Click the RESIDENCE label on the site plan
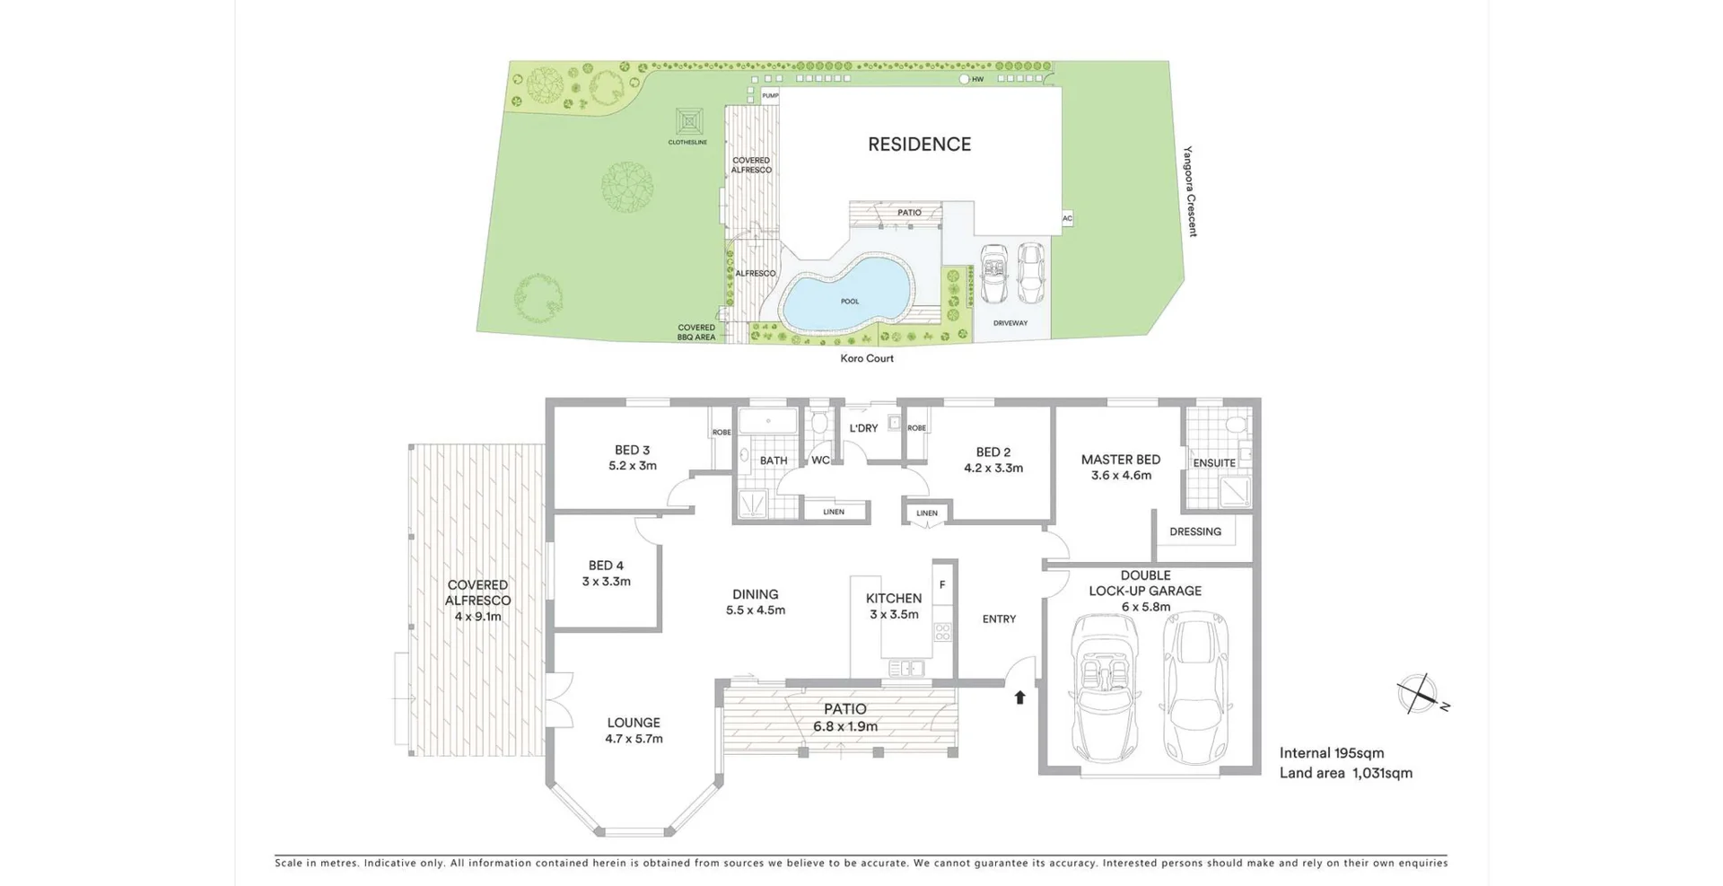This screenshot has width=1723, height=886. [919, 145]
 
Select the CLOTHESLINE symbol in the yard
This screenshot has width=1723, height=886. [688, 122]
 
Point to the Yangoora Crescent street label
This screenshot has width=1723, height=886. [1189, 191]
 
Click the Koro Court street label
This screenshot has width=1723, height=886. [866, 358]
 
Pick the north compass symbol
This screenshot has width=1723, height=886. [1418, 693]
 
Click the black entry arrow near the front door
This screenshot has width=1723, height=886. [1019, 697]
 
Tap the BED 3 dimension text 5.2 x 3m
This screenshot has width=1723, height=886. [632, 466]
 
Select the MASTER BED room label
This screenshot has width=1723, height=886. [1120, 460]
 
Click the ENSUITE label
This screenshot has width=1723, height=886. [1213, 463]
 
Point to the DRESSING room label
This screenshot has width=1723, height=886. [1194, 531]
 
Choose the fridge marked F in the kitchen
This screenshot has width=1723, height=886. [942, 584]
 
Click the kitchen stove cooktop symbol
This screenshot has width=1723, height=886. [942, 632]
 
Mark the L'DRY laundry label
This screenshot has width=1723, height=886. [863, 428]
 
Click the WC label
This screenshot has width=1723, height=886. [820, 461]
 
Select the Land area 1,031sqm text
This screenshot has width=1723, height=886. [1345, 773]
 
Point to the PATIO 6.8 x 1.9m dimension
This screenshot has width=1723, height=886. [844, 726]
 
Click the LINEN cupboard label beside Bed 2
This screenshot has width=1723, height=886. [926, 513]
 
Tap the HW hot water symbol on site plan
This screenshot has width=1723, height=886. [965, 79]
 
